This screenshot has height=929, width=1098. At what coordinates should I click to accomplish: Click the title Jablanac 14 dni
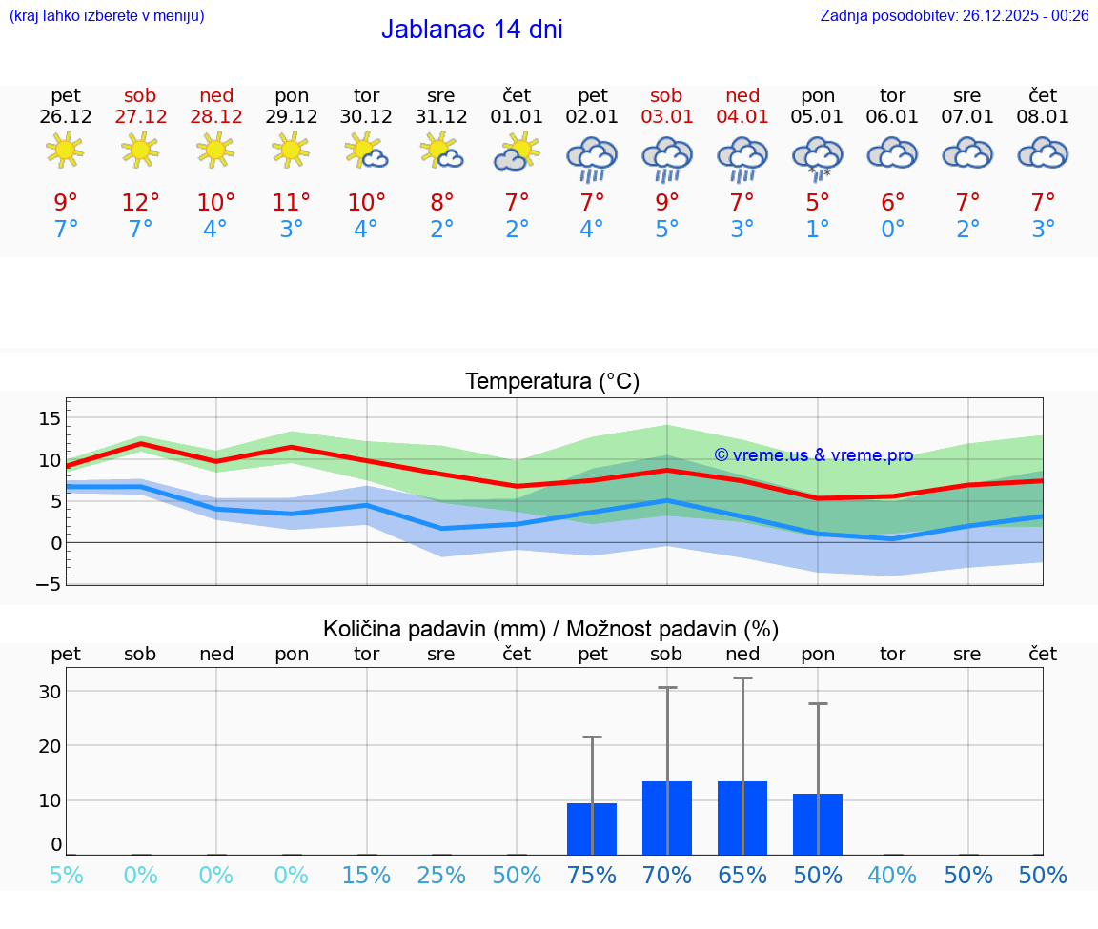click(x=472, y=30)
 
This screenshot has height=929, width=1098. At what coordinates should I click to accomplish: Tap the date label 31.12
click(x=441, y=117)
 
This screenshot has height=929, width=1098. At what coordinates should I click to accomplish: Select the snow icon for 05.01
click(x=818, y=158)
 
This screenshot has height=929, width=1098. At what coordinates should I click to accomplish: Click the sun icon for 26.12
click(x=65, y=150)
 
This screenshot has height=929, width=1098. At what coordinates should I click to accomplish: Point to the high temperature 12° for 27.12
click(x=140, y=203)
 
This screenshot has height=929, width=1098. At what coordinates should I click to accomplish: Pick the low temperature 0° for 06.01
click(x=893, y=230)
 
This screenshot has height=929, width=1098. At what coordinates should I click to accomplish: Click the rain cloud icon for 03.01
click(x=667, y=158)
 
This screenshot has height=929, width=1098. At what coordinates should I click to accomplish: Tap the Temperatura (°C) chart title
click(x=552, y=382)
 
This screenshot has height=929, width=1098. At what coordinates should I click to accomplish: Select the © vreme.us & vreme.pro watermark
click(x=814, y=455)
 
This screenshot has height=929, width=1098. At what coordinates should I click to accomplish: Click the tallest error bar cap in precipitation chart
click(x=742, y=677)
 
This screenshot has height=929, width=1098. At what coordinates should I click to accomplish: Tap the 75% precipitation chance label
click(x=592, y=876)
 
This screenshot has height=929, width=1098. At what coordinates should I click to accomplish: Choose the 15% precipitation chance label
click(x=366, y=876)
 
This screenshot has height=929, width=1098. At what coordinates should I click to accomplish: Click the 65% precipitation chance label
click(x=742, y=876)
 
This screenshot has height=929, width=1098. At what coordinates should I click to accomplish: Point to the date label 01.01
click(x=517, y=117)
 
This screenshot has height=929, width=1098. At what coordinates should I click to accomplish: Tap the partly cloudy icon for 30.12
click(x=366, y=151)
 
